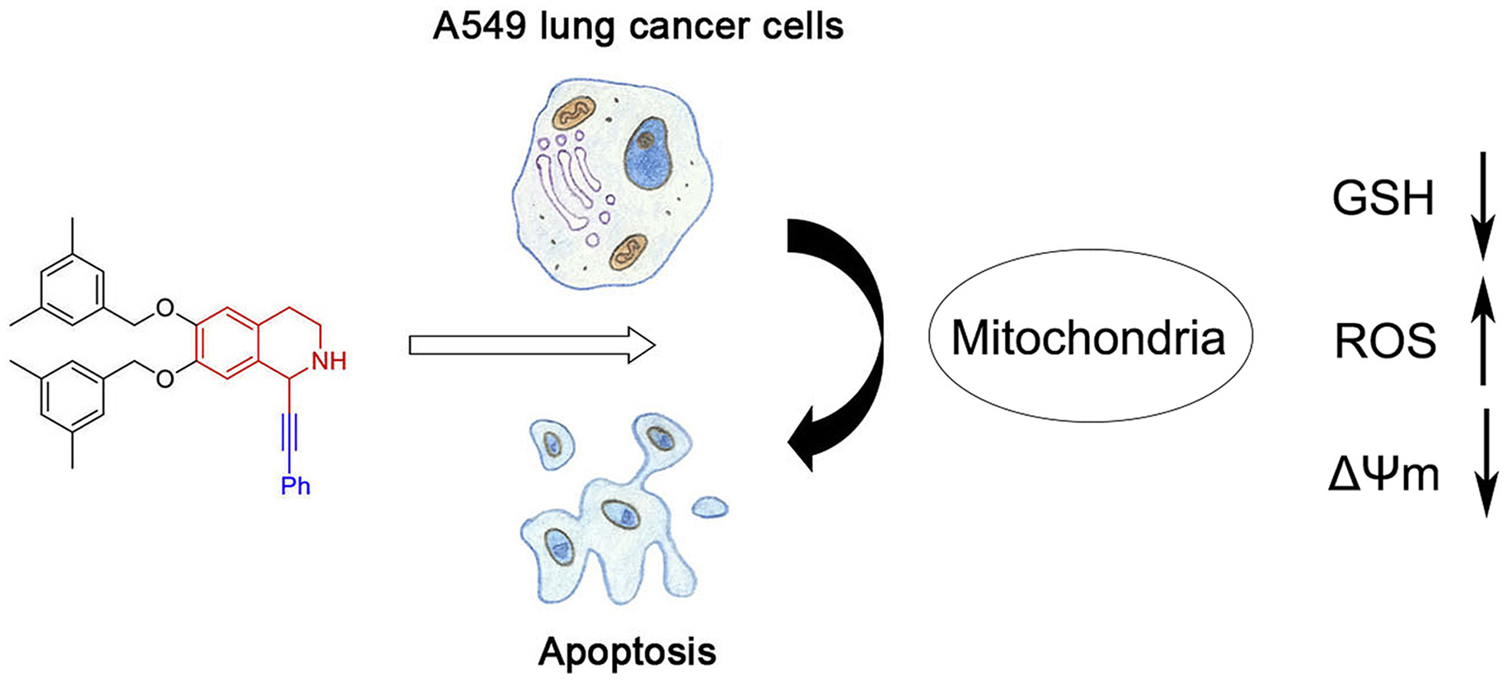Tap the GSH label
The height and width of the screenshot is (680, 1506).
point(1382,199)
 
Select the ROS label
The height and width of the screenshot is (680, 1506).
point(1385,341)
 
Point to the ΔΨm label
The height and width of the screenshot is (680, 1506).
point(1383,475)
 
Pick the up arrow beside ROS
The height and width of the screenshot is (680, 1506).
point(1483,330)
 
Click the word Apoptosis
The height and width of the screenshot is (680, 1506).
point(627,652)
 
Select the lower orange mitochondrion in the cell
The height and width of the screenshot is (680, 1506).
point(628,252)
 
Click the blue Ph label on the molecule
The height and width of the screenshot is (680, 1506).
point(295,485)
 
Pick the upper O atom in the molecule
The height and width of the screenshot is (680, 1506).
point(164,309)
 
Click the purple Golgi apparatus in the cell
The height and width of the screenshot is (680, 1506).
point(568,180)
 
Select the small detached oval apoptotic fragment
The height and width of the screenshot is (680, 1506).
point(710,507)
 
